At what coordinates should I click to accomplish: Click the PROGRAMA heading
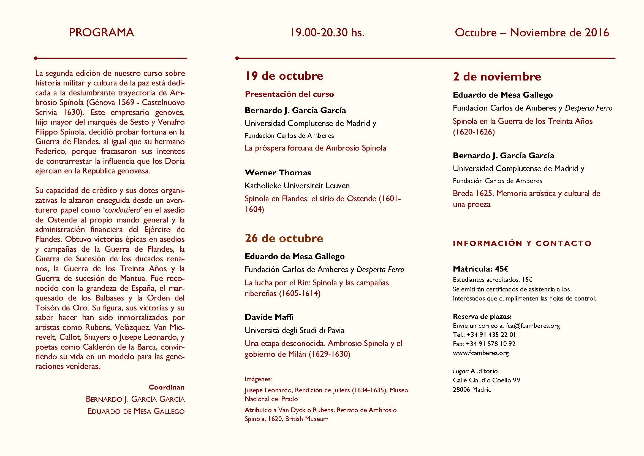tap(101, 33)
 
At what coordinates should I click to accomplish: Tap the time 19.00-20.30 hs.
tap(327, 33)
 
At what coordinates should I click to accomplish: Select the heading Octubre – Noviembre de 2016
tap(532, 33)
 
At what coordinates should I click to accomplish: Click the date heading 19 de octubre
tap(284, 76)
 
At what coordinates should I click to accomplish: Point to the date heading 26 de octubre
tap(284, 238)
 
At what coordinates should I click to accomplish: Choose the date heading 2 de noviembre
tap(497, 77)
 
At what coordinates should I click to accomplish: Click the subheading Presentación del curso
tap(289, 94)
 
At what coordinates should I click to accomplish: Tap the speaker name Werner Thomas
tap(278, 172)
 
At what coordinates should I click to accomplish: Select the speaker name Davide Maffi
tap(269, 317)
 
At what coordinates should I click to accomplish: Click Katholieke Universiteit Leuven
tap(297, 186)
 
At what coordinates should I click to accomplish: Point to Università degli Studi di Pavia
tap(295, 330)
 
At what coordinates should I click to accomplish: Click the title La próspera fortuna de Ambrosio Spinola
tap(315, 148)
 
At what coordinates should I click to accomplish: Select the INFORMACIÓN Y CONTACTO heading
tap(522, 243)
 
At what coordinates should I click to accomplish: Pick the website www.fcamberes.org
tap(481, 353)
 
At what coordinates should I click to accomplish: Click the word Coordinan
tap(167, 387)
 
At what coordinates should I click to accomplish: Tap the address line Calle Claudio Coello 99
tap(486, 380)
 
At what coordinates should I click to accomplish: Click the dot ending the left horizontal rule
tap(36, 58)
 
